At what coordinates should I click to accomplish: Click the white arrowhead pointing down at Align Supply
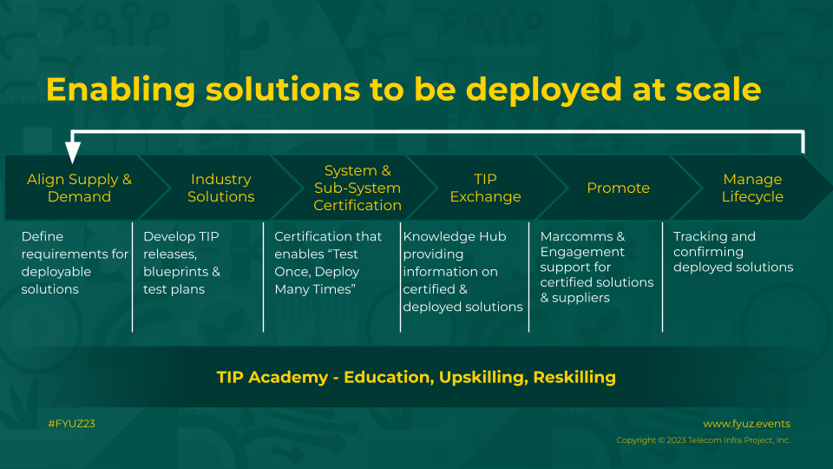[x=73, y=151]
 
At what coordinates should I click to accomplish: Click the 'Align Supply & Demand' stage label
[x=79, y=188]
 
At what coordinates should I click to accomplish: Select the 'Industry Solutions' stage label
[x=221, y=188]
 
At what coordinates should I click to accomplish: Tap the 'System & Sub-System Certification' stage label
[x=357, y=188]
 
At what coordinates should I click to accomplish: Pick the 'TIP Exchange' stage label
[x=486, y=188]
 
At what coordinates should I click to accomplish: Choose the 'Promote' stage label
[x=619, y=188]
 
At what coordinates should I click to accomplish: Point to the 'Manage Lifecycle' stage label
[x=752, y=188]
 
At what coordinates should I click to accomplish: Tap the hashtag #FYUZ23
[x=72, y=424]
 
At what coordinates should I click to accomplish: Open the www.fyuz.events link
[x=746, y=424]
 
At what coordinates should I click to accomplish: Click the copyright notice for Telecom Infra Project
[x=704, y=440]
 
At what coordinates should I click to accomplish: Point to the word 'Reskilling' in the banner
[x=574, y=377]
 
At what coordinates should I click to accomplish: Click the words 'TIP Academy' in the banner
[x=272, y=377]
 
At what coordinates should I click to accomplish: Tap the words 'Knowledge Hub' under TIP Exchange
[x=455, y=236]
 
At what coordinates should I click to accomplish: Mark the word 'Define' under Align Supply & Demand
[x=42, y=236]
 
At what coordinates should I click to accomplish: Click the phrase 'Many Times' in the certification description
[x=315, y=288]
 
